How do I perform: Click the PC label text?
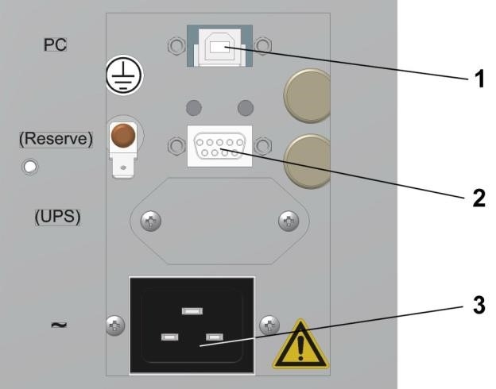point(55,44)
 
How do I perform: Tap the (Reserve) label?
point(56,137)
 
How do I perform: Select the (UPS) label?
point(57,217)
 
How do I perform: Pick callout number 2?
point(477,198)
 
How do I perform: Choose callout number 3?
point(477,306)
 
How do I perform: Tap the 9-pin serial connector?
point(219,146)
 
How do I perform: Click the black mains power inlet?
point(192,325)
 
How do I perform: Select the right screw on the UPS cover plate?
point(288,222)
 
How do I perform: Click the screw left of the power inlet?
point(114,324)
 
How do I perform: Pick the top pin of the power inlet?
point(192,310)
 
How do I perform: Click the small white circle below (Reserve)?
point(31,168)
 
